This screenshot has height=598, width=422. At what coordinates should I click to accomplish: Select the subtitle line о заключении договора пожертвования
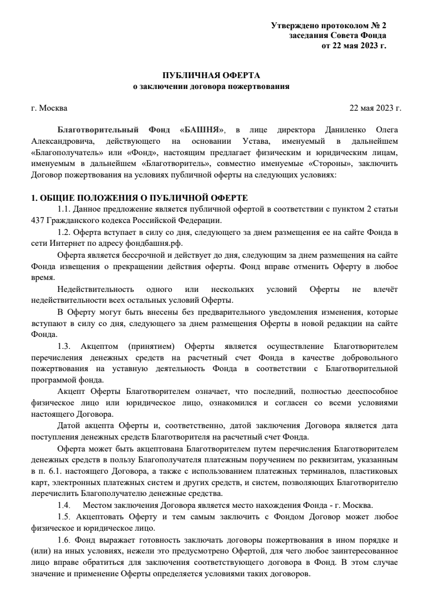pos(212,86)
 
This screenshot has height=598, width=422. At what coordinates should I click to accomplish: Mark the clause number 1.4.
pos(64,505)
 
